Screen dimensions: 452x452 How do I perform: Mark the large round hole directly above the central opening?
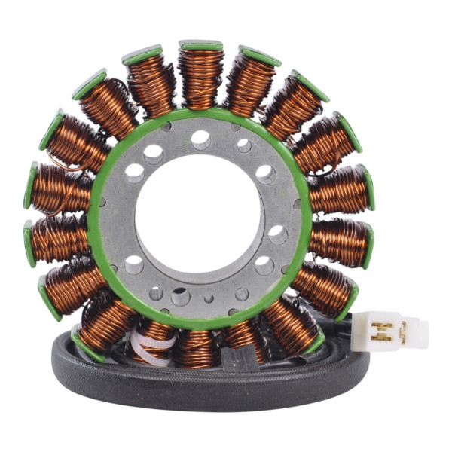point(200,139)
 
